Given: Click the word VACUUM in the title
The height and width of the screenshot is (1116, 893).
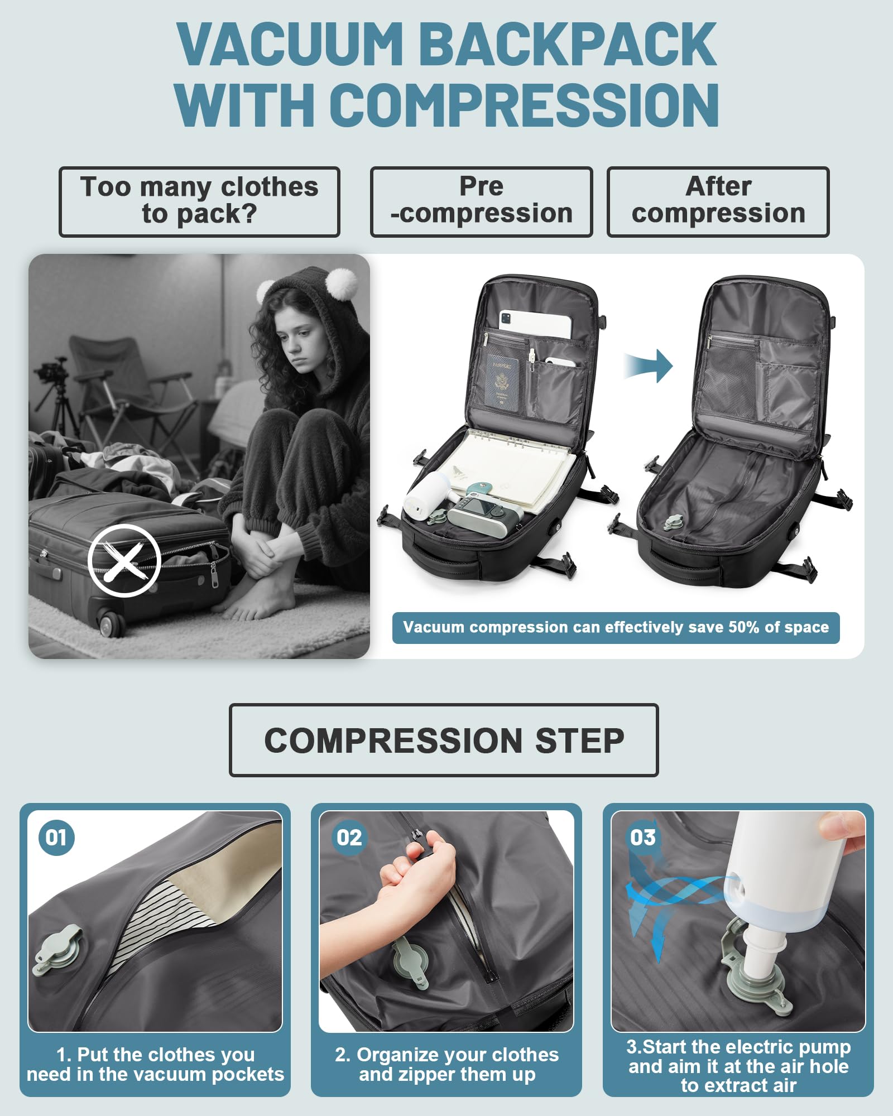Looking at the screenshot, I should [x=290, y=45].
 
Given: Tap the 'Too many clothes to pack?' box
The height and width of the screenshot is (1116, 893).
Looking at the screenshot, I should [x=199, y=201].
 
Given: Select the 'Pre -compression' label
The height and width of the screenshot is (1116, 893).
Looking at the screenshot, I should [x=481, y=201].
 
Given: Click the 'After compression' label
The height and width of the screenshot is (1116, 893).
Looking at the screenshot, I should [x=718, y=201].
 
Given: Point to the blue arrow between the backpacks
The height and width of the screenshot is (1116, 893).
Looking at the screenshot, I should [x=650, y=366].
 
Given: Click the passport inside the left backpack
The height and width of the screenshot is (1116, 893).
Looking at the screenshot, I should [x=502, y=383].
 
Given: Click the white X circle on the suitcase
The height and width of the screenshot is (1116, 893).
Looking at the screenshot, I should [x=124, y=560].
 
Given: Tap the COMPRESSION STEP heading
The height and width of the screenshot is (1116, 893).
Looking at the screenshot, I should [x=444, y=740].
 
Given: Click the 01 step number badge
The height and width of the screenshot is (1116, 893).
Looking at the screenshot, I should [x=56, y=838].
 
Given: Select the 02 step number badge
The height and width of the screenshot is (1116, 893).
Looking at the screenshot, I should [x=349, y=838].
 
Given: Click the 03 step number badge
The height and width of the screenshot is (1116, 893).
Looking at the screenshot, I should [x=642, y=838].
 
